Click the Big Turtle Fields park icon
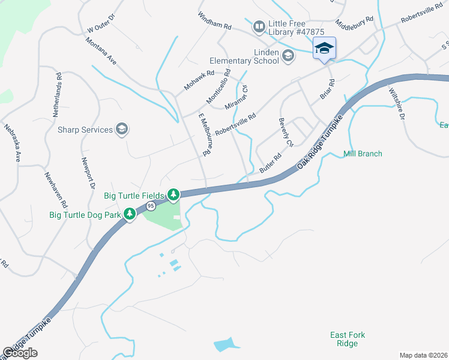(173, 195)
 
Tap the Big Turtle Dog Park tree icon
(129, 214)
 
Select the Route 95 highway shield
(151, 206)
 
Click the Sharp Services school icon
(122, 130)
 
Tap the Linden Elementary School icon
(288, 56)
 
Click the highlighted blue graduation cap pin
(324, 49)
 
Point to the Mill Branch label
(363, 154)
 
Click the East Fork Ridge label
(348, 339)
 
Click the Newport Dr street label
(88, 174)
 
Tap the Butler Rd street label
(271, 164)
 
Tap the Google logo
(20, 353)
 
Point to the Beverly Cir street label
(285, 133)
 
